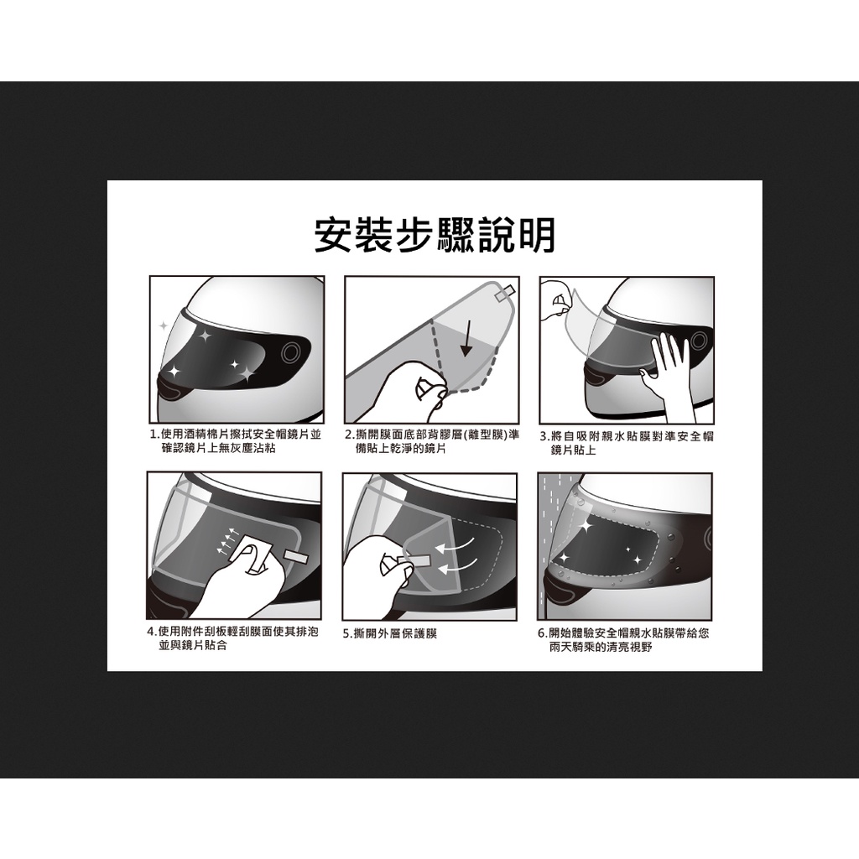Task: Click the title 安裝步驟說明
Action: coord(435,235)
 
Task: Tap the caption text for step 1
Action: coord(236,441)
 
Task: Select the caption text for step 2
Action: coord(432,441)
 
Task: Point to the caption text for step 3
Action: coord(627,443)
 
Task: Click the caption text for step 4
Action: coord(233,638)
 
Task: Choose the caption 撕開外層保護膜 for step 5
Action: coord(390,634)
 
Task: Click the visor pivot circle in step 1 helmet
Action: coord(291,352)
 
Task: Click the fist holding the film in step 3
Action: coord(556,300)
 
